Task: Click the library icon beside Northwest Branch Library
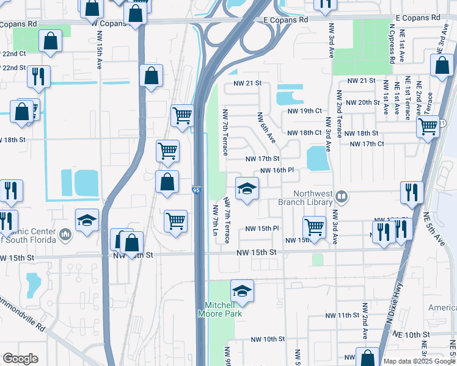[x=342, y=196]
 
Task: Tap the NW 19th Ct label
[x=305, y=111]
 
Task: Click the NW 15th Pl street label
[x=262, y=228]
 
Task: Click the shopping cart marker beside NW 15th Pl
[x=314, y=226]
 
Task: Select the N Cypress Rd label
[x=391, y=44]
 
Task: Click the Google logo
[x=20, y=359]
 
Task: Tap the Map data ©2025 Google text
[x=419, y=361]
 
